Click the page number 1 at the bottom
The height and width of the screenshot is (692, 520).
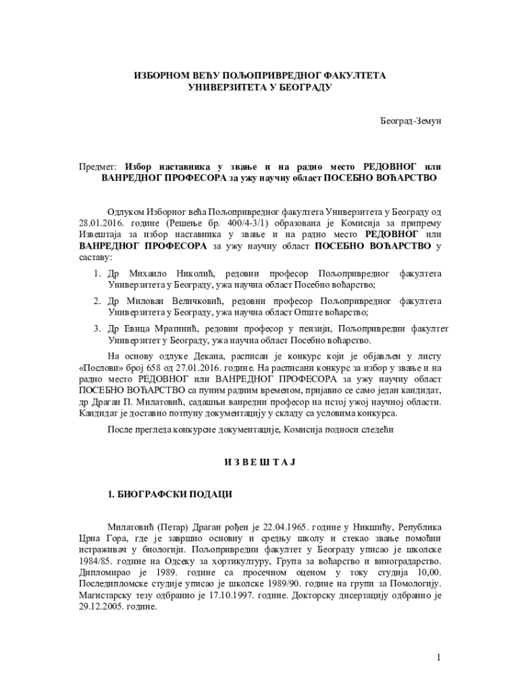[x=438, y=658]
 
